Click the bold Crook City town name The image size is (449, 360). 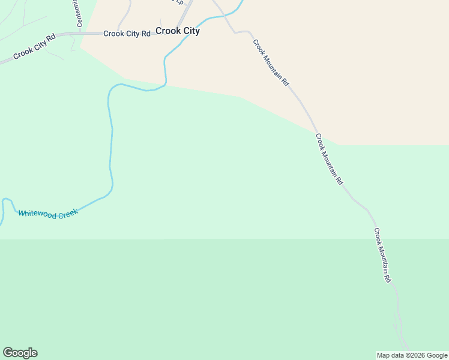click(178, 31)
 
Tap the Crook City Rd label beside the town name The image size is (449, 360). click(127, 34)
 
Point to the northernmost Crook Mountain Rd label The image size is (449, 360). click(271, 63)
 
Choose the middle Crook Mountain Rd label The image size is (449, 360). click(330, 158)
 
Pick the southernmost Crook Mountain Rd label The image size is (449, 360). click(383, 255)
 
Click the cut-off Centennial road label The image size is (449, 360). click(78, 13)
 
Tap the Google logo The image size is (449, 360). click(20, 353)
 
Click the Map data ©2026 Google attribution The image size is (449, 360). click(412, 355)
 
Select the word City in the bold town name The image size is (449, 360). click(190, 31)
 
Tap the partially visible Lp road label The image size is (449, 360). click(178, 2)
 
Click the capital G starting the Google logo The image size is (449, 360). click(8, 352)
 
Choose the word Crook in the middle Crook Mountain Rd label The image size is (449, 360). click(320, 142)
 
